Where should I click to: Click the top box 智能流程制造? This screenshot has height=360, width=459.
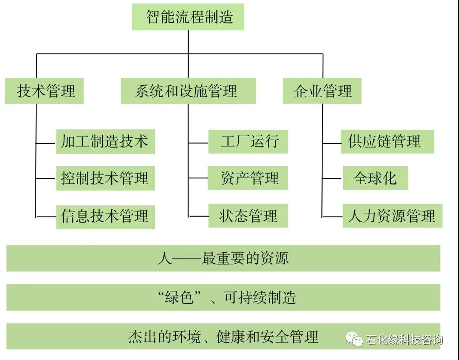coord(188,17)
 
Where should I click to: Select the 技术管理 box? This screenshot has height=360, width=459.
coord(45,91)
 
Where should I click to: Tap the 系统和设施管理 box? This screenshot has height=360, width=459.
coord(188,91)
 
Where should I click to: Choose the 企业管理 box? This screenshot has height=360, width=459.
coord(322,91)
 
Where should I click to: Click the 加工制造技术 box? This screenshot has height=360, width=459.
coord(105,141)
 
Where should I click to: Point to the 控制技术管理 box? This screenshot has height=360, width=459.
coord(105,178)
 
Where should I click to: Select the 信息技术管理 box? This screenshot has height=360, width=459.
coord(105,216)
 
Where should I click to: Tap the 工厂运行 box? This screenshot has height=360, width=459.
coord(248,141)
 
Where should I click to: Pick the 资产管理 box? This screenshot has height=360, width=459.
coord(248,178)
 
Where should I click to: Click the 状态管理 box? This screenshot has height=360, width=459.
coord(248,216)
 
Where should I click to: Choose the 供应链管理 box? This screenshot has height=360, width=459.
coord(387,141)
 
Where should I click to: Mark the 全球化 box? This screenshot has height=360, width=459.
coord(375,178)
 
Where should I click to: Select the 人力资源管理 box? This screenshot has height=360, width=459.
coord(392,216)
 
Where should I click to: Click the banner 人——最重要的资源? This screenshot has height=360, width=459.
coord(223,258)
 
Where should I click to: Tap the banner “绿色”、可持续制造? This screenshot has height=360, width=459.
coord(223,297)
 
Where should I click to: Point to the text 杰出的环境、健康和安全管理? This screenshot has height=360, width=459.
coord(223,337)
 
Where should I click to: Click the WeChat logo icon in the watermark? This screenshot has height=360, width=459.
coord(354,339)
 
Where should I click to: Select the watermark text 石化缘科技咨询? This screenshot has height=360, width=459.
coord(404,340)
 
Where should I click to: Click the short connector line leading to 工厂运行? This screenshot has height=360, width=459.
coord(198,143)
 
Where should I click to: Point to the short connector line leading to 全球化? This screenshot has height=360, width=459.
coord(332,179)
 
